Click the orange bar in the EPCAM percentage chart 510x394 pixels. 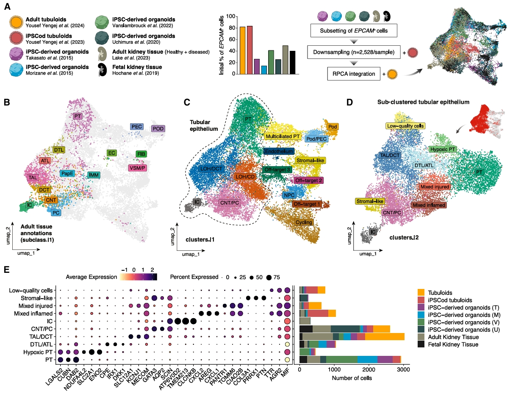point(242,50)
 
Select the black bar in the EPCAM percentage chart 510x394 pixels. point(292,62)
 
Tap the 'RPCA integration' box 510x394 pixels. point(354,74)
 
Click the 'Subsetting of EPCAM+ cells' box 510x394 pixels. point(354,31)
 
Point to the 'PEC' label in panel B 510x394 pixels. point(136,127)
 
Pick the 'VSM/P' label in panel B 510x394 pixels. point(138,168)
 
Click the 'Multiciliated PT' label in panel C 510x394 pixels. point(283,136)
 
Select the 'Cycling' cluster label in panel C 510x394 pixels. point(304,222)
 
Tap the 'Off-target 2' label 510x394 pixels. point(309,180)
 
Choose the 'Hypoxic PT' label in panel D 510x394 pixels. point(442,149)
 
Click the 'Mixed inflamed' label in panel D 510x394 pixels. point(429,205)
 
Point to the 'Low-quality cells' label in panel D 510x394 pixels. point(405,126)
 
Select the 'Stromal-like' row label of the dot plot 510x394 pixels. point(36,298)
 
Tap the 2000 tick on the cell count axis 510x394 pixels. point(369,370)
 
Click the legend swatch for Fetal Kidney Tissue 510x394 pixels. point(421,344)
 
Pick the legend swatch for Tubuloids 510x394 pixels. point(421,293)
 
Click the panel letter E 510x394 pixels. point(7,269)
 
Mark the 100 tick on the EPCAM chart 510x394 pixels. point(230,17)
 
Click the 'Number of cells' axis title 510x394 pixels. point(352,378)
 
